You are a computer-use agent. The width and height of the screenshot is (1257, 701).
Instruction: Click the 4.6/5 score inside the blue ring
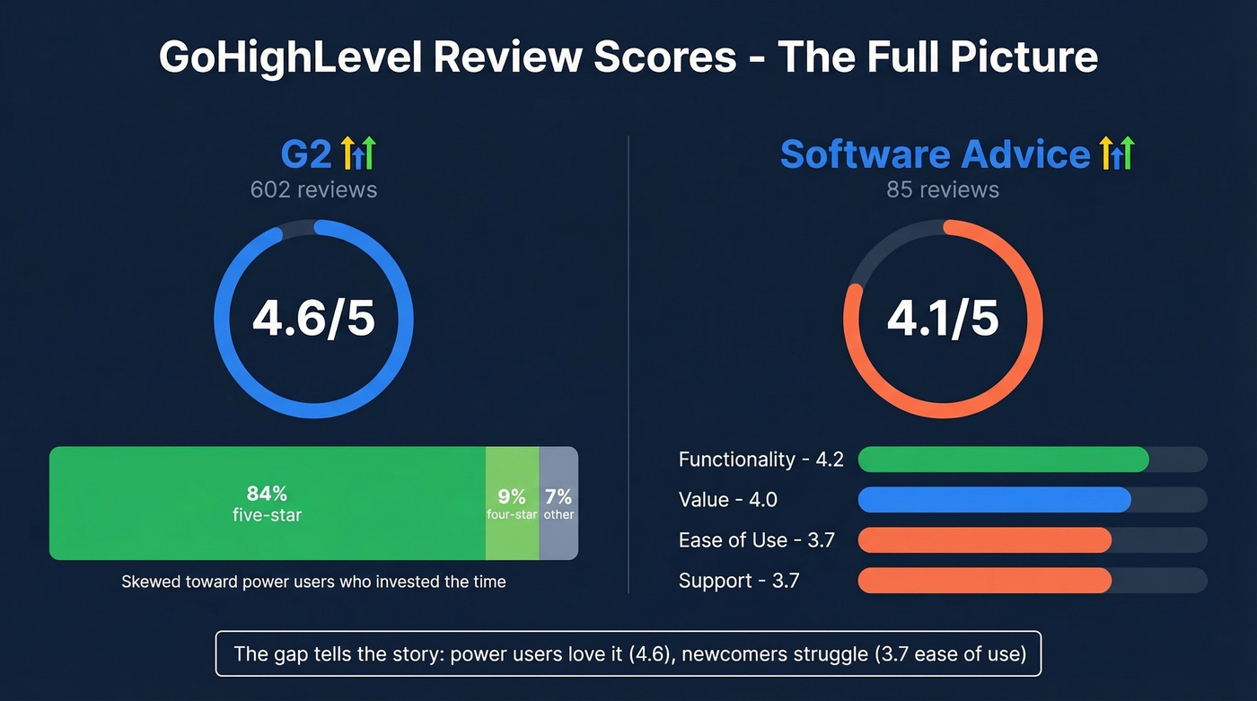tap(313, 318)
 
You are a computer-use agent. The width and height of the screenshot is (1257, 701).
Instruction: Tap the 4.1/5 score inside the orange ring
tap(943, 318)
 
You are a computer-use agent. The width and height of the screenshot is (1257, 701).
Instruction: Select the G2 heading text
tap(307, 154)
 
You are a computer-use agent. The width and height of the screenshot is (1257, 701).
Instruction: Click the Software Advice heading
tap(935, 154)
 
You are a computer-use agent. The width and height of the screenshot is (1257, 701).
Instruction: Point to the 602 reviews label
tap(313, 189)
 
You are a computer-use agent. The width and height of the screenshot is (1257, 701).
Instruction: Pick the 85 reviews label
tap(943, 189)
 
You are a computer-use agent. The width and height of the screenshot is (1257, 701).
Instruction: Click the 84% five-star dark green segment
tap(268, 503)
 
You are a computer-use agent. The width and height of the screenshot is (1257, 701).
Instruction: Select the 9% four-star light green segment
tap(512, 503)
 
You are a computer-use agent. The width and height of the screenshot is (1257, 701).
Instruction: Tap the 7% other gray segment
tap(558, 503)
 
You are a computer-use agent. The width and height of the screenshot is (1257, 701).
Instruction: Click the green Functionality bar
tap(1003, 460)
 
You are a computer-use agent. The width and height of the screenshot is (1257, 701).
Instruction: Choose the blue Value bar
tap(994, 500)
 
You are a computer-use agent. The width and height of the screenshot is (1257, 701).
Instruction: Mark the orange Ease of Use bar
tap(984, 540)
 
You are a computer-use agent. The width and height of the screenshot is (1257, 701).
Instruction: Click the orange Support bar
tap(984, 581)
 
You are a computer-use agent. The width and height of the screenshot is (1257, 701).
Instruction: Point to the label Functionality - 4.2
tap(760, 460)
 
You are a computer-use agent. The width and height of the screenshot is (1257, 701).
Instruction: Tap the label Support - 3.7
tap(738, 581)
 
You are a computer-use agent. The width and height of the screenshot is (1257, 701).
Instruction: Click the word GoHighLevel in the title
tap(289, 57)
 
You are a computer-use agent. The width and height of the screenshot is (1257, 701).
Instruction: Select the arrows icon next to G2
tap(358, 154)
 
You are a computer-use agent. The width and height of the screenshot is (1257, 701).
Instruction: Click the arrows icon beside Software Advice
tap(1117, 154)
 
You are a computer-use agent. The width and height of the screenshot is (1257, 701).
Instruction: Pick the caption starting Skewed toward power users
tap(313, 582)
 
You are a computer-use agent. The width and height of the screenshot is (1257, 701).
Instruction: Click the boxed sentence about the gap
tap(628, 653)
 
